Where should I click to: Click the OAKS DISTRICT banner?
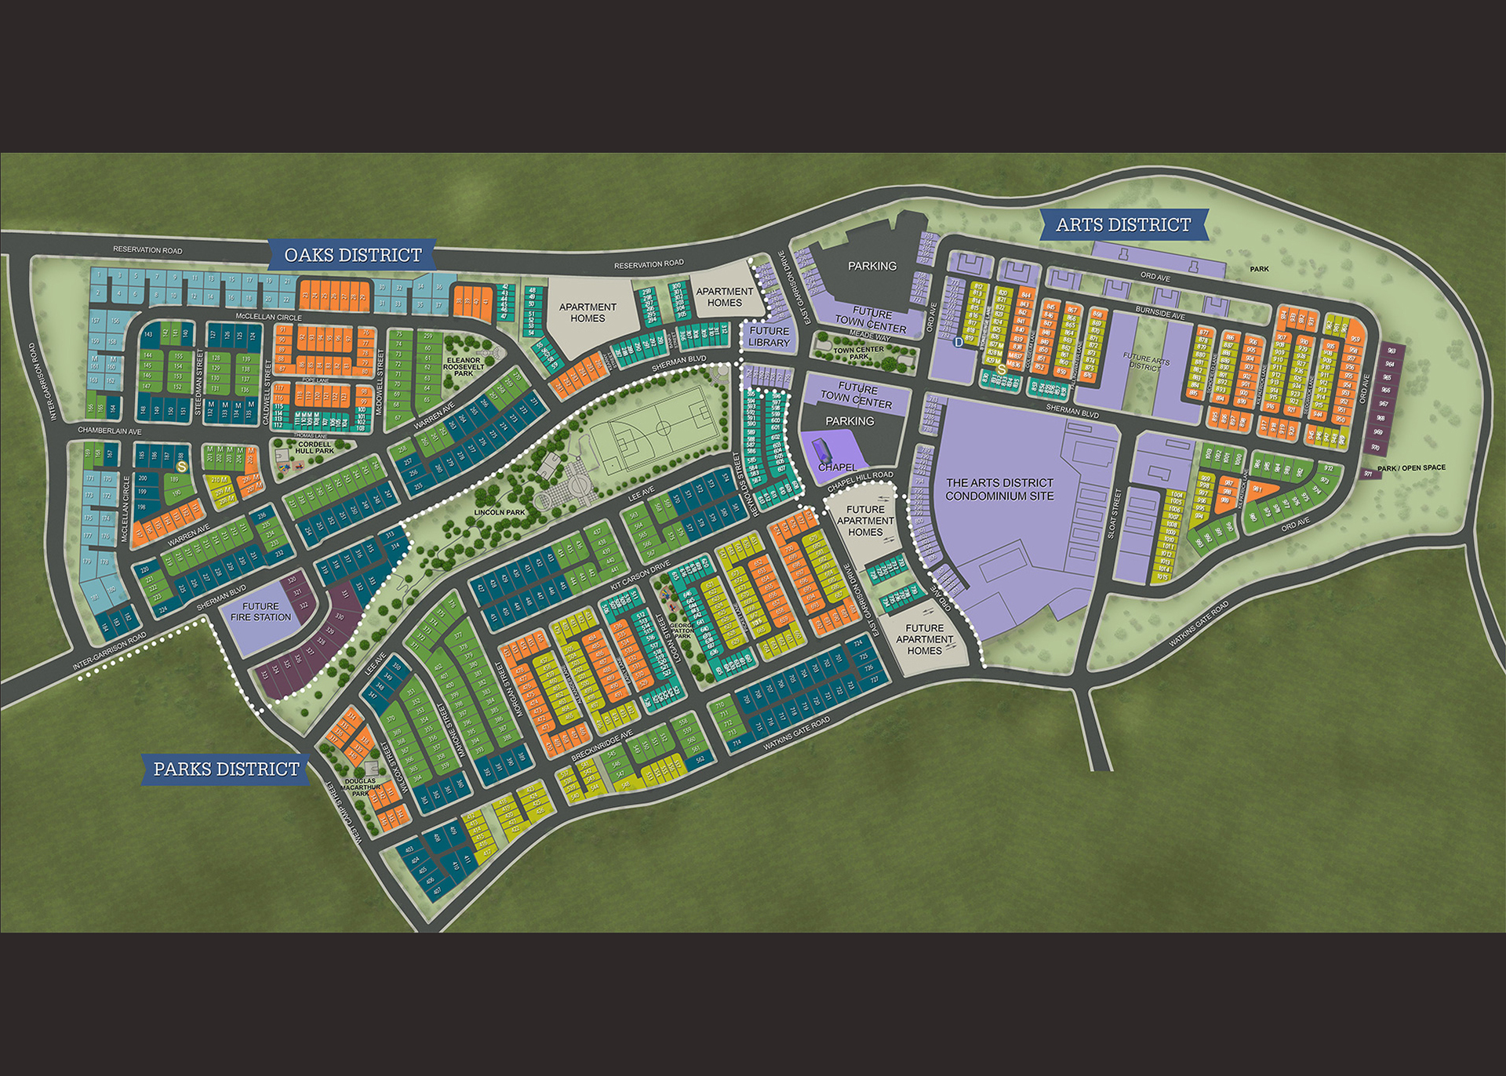(x=352, y=255)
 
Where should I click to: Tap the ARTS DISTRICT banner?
(x=1122, y=225)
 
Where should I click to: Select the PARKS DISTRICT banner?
(x=226, y=769)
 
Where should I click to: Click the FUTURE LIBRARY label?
(x=769, y=336)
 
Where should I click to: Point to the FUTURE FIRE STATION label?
(x=260, y=612)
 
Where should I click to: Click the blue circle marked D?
(x=958, y=343)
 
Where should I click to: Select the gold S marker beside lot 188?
(x=182, y=467)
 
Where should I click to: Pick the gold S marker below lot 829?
(x=1001, y=369)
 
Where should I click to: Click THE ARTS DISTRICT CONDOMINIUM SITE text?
(x=999, y=489)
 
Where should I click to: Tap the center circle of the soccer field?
(x=663, y=428)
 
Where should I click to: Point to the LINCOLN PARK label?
(x=500, y=512)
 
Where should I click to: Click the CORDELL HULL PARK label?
(x=315, y=447)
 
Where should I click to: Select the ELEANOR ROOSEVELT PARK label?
(x=463, y=366)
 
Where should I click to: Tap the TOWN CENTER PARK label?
(x=858, y=353)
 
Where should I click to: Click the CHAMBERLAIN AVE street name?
(x=109, y=431)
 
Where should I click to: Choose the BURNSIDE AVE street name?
(x=1160, y=314)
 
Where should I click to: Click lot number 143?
(x=148, y=335)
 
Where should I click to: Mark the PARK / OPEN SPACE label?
(x=1411, y=468)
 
